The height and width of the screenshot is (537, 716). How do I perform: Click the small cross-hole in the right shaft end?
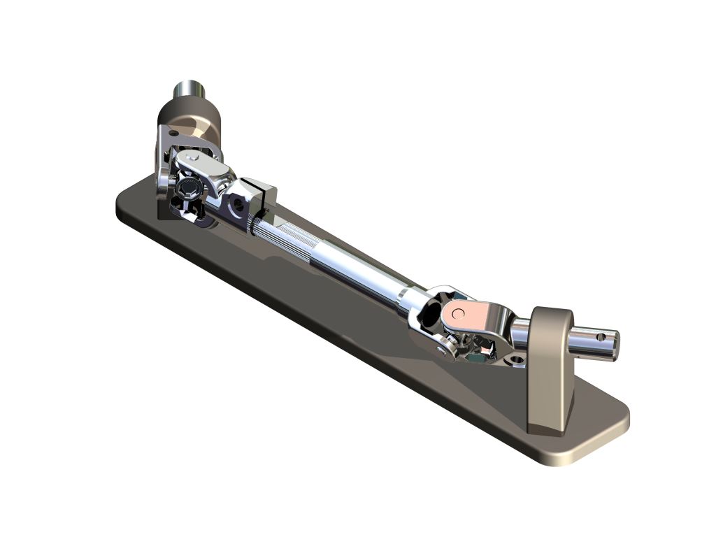pos(600,337)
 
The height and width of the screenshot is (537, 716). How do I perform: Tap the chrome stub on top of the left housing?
pos(189,90)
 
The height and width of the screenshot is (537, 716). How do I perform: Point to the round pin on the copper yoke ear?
pos(458,313)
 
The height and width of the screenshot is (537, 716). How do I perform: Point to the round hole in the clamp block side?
pos(240,205)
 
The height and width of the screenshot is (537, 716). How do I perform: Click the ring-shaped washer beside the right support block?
pos(517,360)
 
